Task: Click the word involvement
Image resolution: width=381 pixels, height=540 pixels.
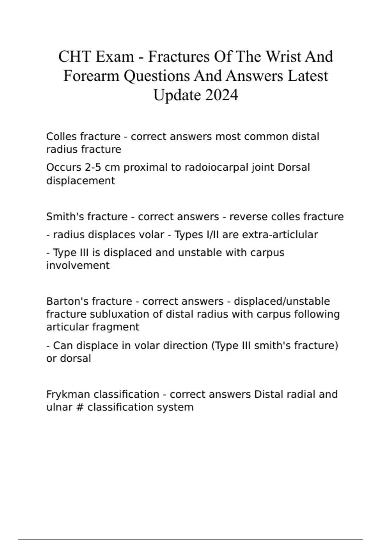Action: tap(78, 265)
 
